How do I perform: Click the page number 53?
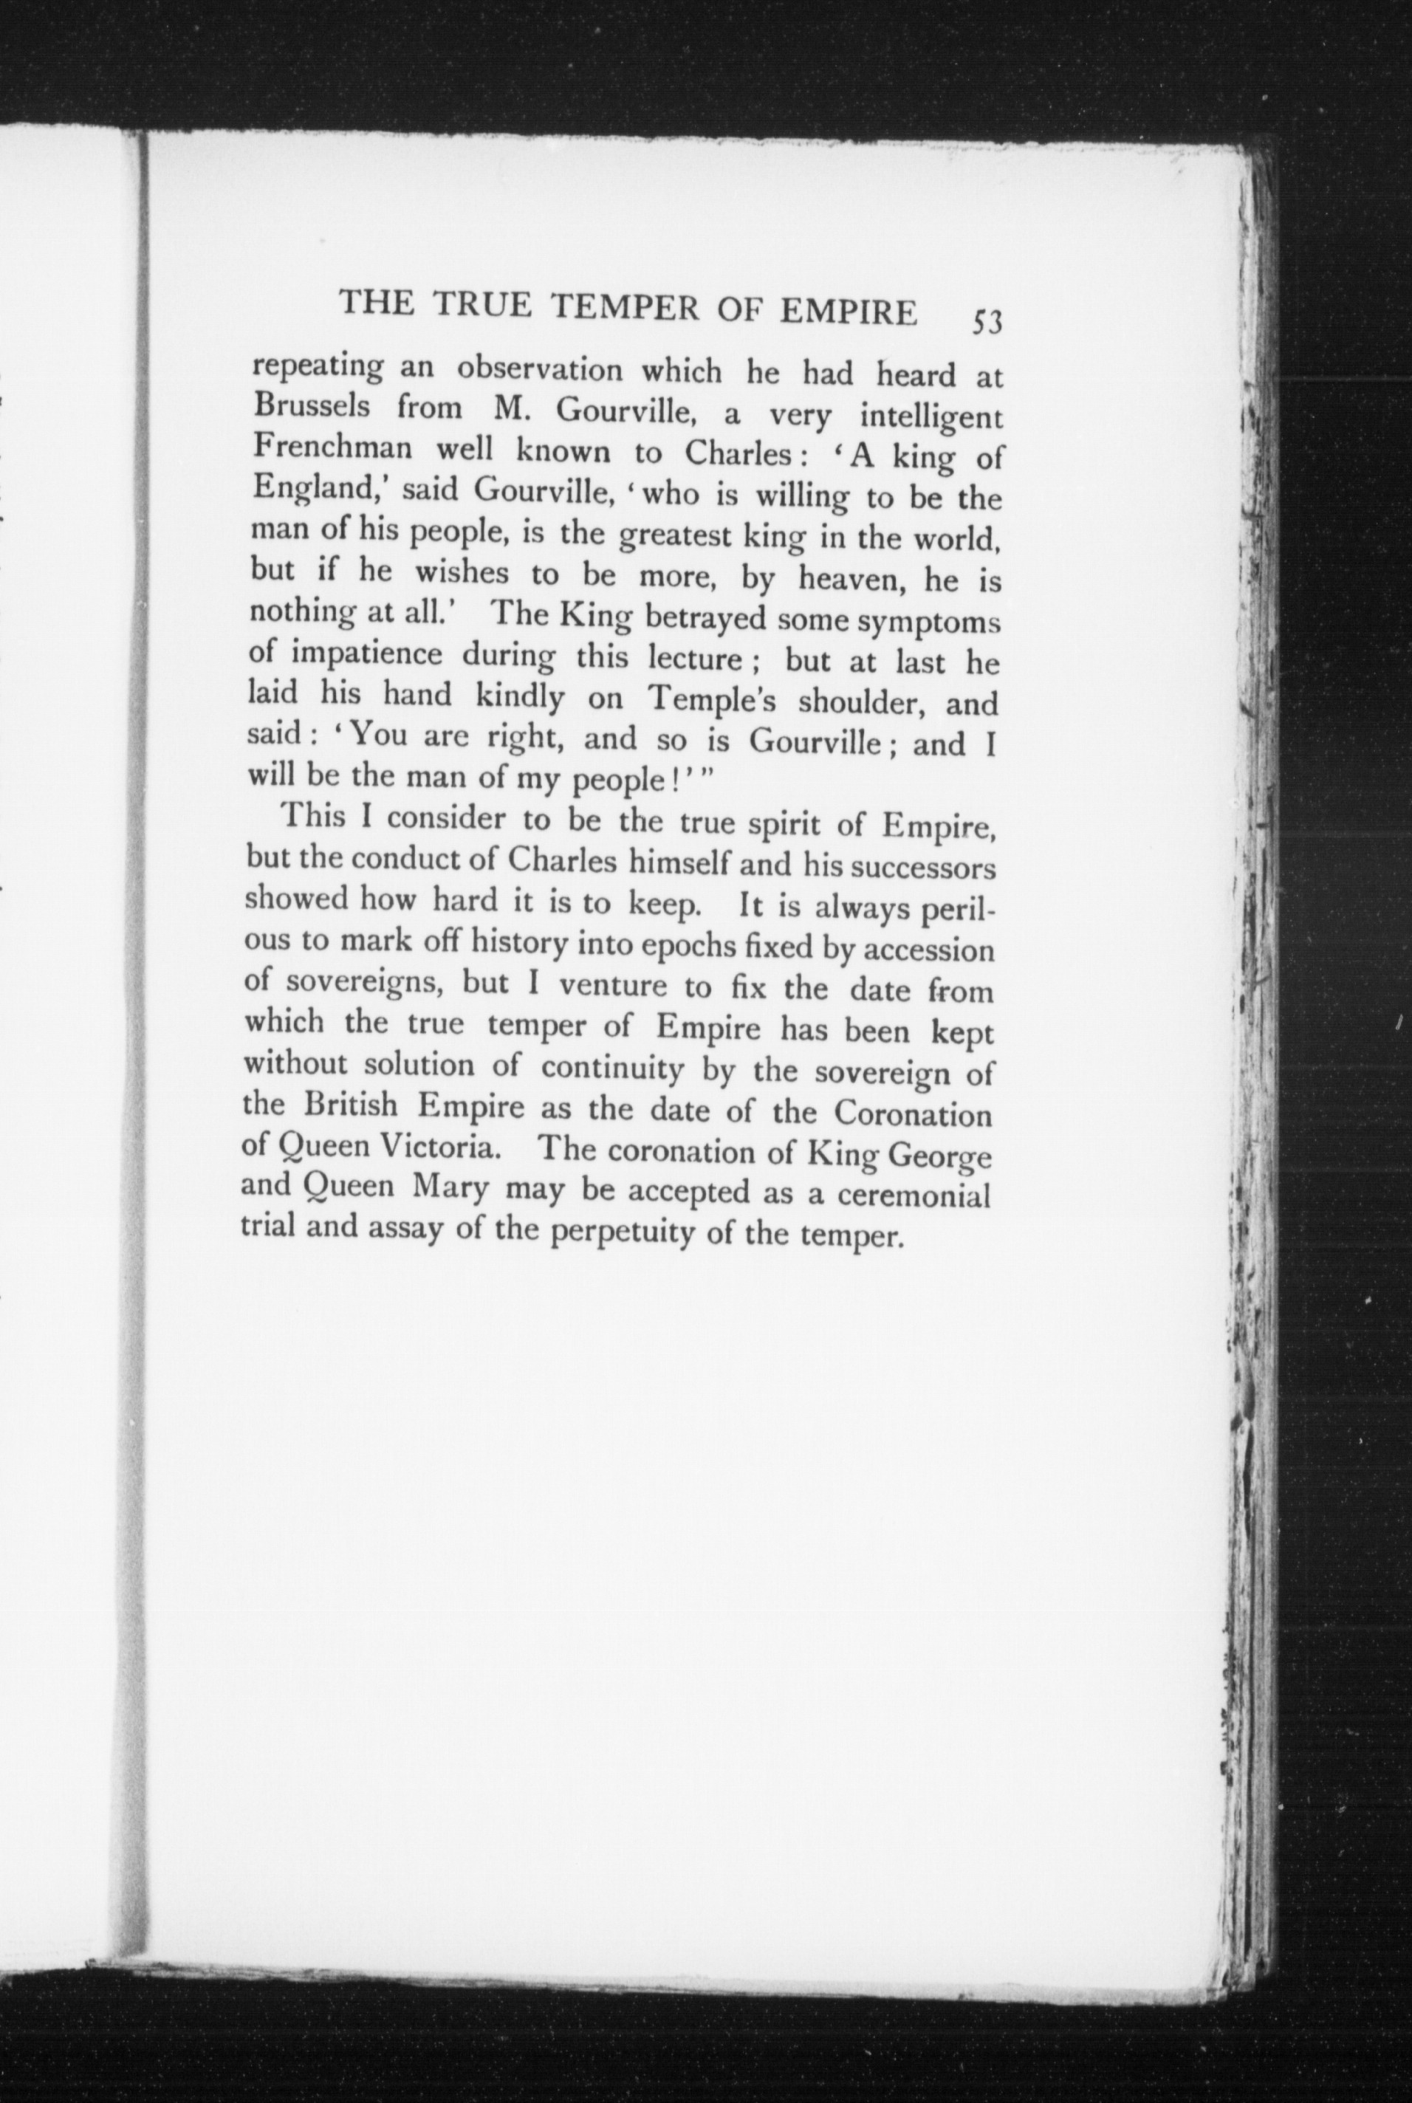pos(986,321)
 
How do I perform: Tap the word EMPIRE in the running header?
pos(849,311)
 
